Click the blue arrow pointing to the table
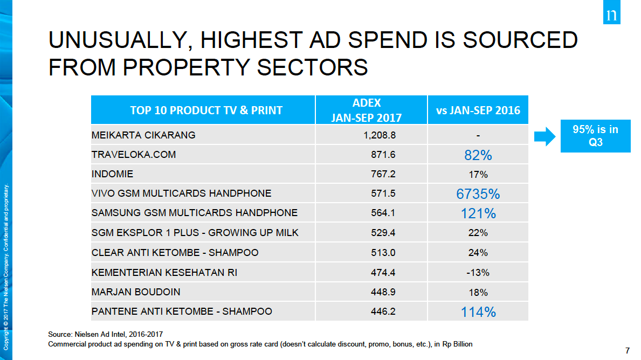click(x=544, y=136)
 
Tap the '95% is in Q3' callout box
click(x=596, y=136)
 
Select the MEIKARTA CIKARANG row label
click(x=143, y=135)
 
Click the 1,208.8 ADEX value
click(x=380, y=135)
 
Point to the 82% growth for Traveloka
click(x=478, y=155)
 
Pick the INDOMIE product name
click(x=112, y=174)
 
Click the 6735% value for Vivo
click(x=478, y=194)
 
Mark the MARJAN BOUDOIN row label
click(x=136, y=292)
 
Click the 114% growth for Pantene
click(x=478, y=311)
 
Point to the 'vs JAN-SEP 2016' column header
click(x=478, y=110)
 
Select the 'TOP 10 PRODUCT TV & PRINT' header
click(x=206, y=110)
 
